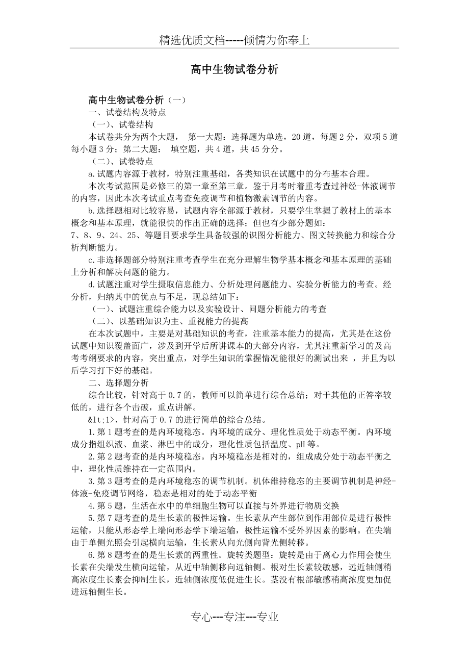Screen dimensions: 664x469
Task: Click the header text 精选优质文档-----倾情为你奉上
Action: coord(234,40)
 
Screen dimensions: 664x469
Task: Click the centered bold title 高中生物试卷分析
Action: coord(234,70)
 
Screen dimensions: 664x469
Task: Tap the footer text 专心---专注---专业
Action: coord(234,617)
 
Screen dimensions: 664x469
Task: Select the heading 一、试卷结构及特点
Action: coord(127,112)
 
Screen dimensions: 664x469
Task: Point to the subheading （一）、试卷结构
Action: coord(122,124)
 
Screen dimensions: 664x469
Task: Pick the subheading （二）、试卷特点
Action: coord(122,161)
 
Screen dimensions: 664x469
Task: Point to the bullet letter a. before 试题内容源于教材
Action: coord(92,173)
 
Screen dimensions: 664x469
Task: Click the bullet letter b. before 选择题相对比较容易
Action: coord(92,210)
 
